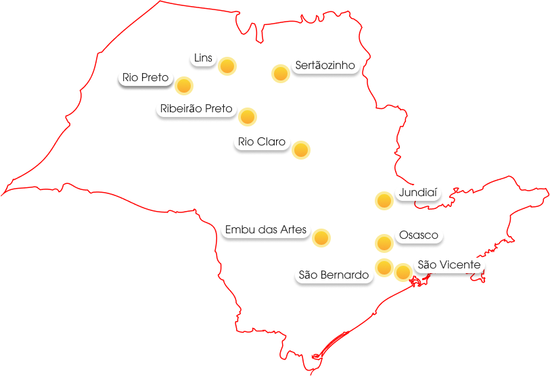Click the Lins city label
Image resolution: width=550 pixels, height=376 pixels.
tap(203, 58)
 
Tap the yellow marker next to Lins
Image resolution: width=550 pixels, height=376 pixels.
tap(227, 66)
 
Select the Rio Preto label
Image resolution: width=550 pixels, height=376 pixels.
tap(145, 78)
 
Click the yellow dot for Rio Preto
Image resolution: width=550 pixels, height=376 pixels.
tap(184, 86)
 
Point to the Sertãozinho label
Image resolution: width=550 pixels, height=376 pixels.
tap(325, 66)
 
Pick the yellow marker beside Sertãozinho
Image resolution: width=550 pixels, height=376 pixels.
tap(281, 74)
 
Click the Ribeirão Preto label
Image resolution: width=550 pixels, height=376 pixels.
tap(196, 108)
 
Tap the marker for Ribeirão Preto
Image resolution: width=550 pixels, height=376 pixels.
tap(248, 117)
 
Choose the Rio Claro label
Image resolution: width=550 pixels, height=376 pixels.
tap(262, 142)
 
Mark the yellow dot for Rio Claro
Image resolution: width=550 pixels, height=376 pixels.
tap(301, 150)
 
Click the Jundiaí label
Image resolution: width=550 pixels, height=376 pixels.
tap(418, 193)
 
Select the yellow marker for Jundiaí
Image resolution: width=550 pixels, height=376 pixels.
tap(384, 201)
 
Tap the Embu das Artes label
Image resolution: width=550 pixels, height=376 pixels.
tap(266, 230)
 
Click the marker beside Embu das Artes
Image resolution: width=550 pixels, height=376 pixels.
tap(321, 238)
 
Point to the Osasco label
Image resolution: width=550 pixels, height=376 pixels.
tap(419, 235)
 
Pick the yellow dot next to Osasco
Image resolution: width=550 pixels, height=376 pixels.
tap(384, 243)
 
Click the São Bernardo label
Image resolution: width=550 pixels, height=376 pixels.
tap(334, 275)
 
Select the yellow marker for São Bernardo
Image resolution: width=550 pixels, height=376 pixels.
tap(384, 268)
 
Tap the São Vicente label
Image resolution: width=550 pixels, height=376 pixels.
tap(449, 264)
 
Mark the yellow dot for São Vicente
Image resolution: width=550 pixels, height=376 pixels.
tap(403, 273)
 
